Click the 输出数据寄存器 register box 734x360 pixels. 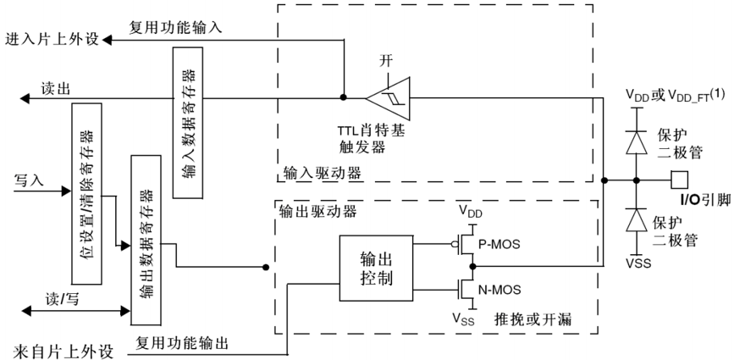140,241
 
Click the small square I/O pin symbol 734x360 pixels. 677,180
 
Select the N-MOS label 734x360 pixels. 502,288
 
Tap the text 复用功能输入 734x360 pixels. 175,27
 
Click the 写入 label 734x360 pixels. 28,180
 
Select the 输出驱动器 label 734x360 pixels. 310,208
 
